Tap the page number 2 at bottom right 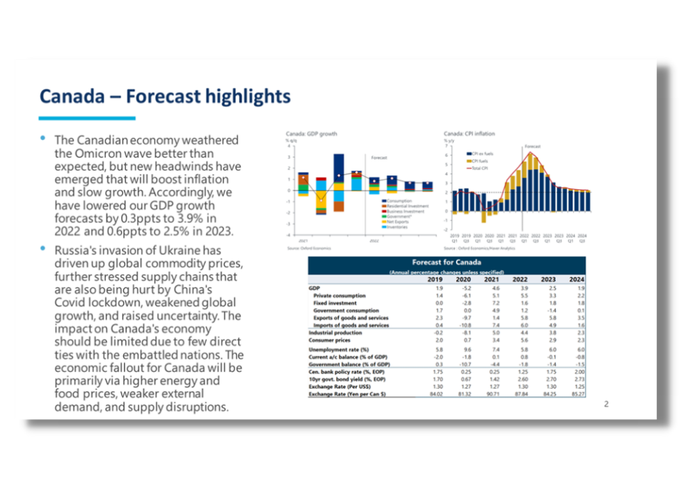pyautogui.click(x=606, y=404)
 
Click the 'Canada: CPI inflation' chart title pyautogui.click(x=469, y=133)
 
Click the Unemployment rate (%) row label pyautogui.click(x=339, y=349)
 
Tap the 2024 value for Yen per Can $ pyautogui.click(x=574, y=395)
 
